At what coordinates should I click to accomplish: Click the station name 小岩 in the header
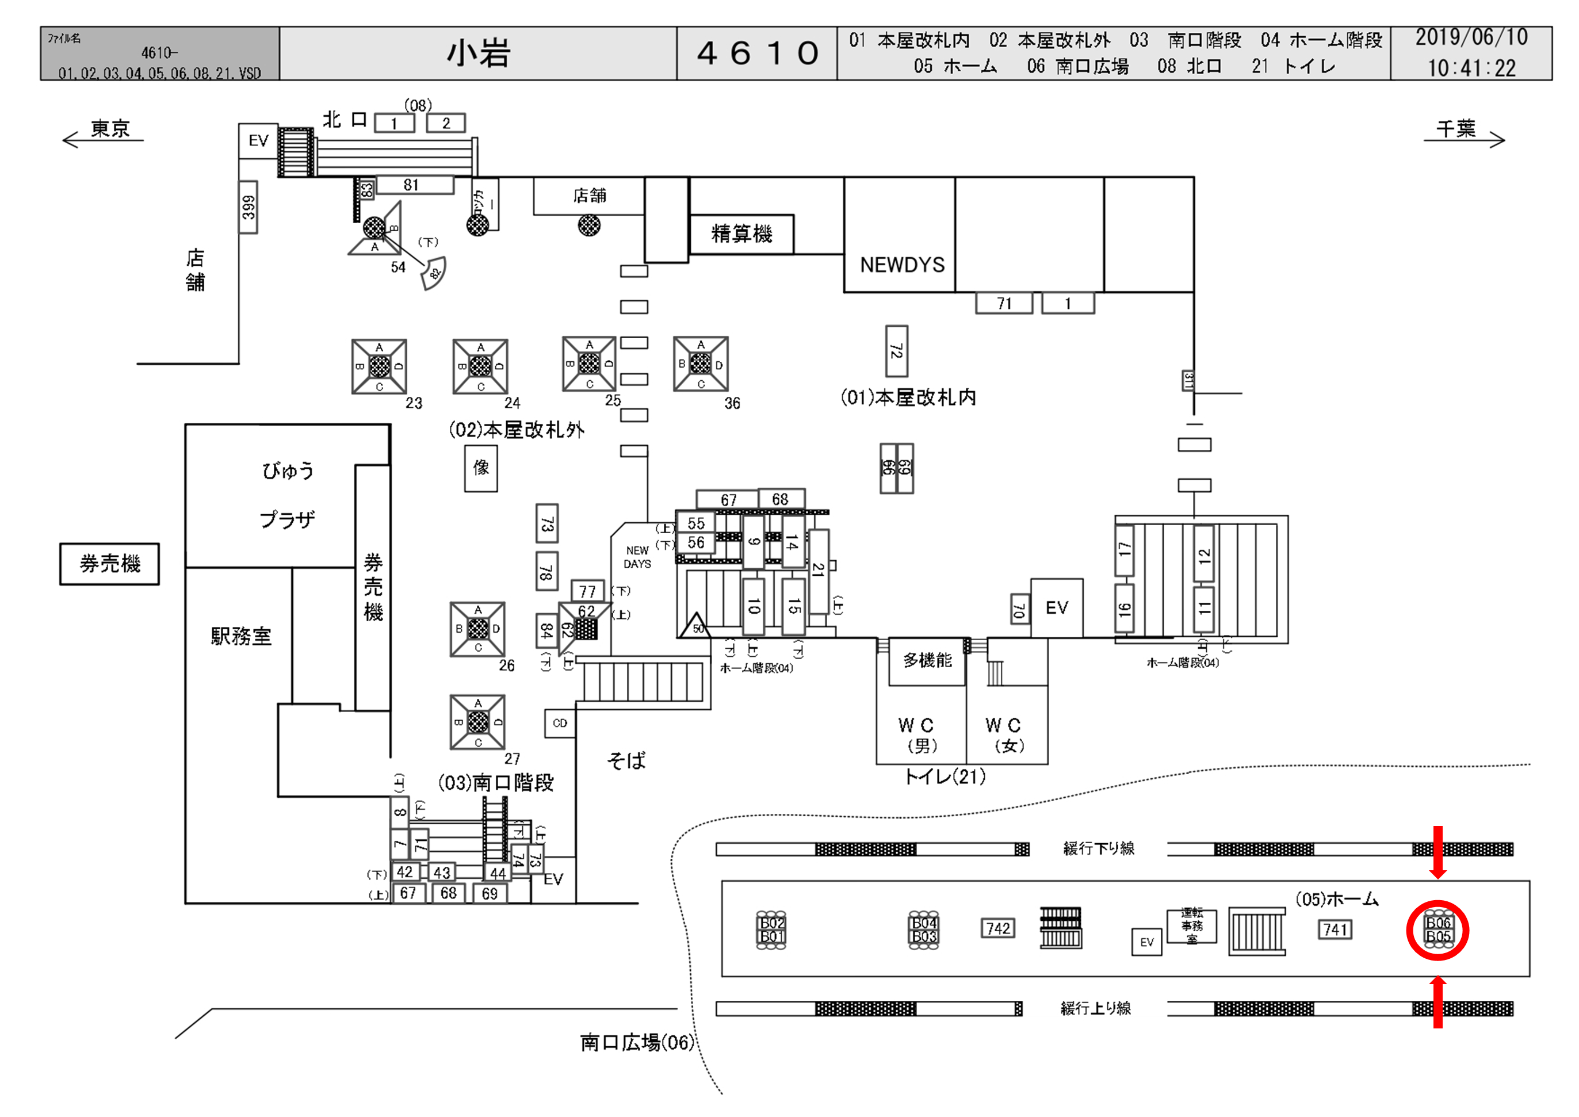[x=478, y=53]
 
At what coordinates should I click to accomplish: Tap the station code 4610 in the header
[x=757, y=53]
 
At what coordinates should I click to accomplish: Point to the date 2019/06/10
[x=1471, y=38]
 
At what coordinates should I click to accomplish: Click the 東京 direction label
[x=110, y=129]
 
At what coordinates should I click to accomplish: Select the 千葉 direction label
[x=1456, y=129]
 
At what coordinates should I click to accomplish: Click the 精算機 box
[x=741, y=234]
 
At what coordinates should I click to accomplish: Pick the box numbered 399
[x=248, y=207]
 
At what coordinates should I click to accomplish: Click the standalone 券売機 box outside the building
[x=109, y=564]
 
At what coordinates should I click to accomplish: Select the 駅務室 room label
[x=240, y=636]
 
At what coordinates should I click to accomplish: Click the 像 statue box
[x=481, y=468]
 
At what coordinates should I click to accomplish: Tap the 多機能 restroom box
[x=927, y=661]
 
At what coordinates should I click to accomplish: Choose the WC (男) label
[x=917, y=735]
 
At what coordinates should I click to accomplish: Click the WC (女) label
[x=1004, y=735]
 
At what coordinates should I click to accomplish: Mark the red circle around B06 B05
[x=1437, y=930]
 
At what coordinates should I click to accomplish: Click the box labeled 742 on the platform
[x=998, y=928]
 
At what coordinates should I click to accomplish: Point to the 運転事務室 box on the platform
[x=1191, y=926]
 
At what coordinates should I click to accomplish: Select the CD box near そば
[x=560, y=723]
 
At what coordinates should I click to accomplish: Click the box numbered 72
[x=896, y=351]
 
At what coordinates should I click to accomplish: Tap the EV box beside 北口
[x=258, y=141]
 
